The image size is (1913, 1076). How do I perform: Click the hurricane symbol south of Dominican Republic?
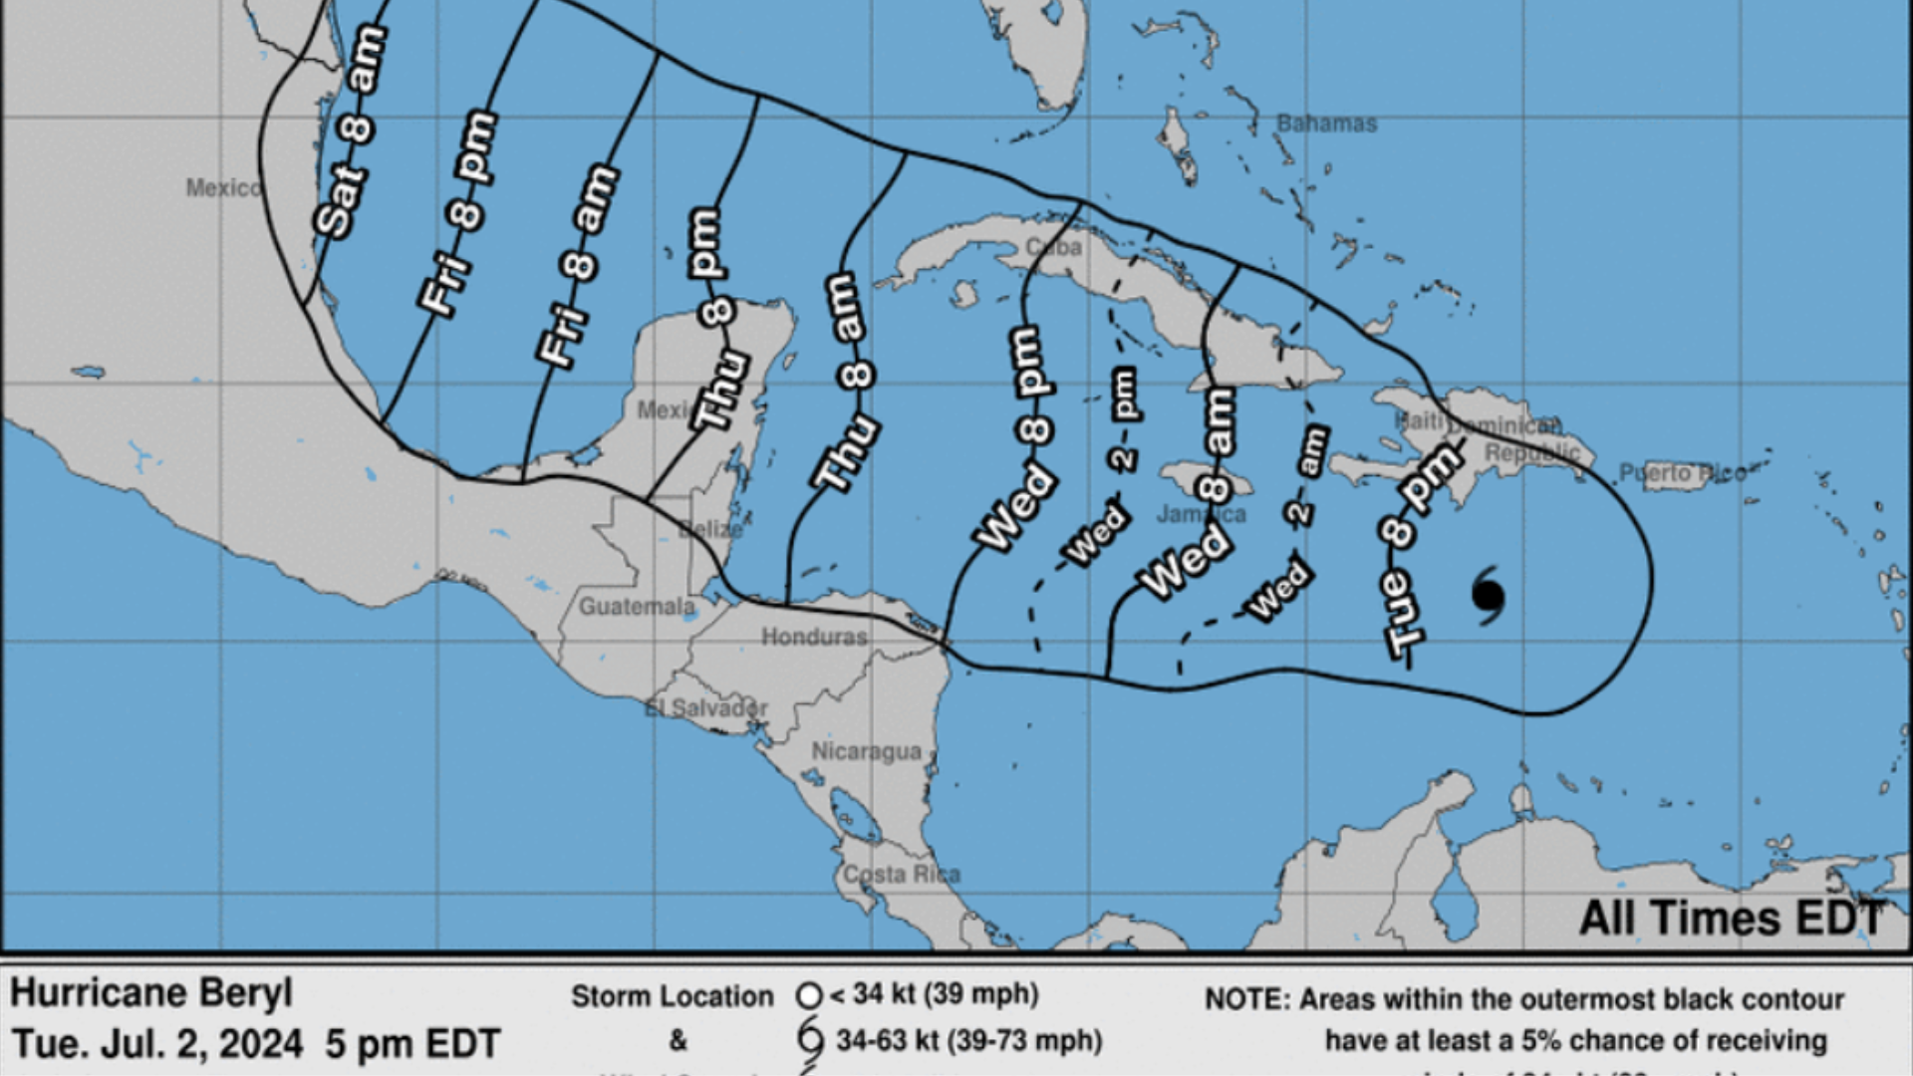pyautogui.click(x=1488, y=596)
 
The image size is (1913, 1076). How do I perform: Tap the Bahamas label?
pyautogui.click(x=1326, y=124)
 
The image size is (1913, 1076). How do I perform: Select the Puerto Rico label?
pyautogui.click(x=1681, y=472)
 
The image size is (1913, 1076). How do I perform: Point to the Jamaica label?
pyautogui.click(x=1201, y=514)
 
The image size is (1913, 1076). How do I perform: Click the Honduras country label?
pyautogui.click(x=814, y=636)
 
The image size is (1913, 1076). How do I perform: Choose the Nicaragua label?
pyautogui.click(x=866, y=751)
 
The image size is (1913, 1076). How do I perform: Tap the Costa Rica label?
pyautogui.click(x=902, y=875)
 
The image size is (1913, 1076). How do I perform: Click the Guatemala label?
pyautogui.click(x=637, y=606)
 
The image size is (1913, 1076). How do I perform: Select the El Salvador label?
pyautogui.click(x=705, y=708)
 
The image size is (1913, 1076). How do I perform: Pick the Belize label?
pyautogui.click(x=710, y=529)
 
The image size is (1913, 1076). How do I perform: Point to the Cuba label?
pyautogui.click(x=1053, y=246)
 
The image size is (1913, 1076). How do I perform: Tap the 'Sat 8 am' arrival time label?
pyautogui.click(x=350, y=133)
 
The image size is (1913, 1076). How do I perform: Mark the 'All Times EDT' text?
pyautogui.click(x=1731, y=918)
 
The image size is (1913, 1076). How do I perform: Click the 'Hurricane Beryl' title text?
pyautogui.click(x=151, y=993)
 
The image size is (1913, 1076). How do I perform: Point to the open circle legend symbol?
pyautogui.click(x=809, y=995)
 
